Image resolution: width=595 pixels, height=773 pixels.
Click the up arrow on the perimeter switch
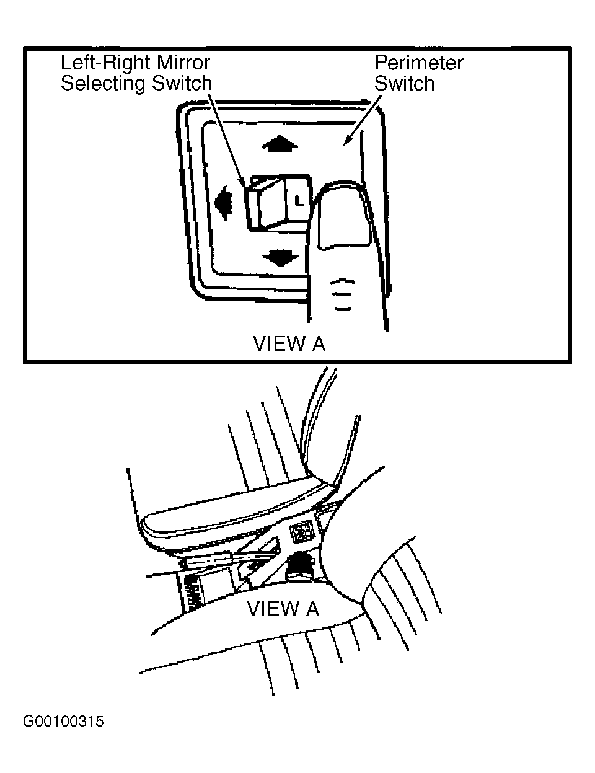coord(280,144)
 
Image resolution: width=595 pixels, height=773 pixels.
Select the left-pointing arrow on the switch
coord(223,203)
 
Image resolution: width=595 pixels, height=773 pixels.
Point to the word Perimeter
coord(419,63)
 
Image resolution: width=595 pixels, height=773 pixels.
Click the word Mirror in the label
coord(183,63)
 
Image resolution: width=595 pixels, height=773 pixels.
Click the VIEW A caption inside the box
coord(289,343)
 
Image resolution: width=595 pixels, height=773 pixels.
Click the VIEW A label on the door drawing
coord(283,609)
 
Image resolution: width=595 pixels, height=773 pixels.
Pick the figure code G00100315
coord(63,722)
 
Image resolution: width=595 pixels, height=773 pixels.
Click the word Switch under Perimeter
coord(404,84)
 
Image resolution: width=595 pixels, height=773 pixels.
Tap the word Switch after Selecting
coord(182,83)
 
